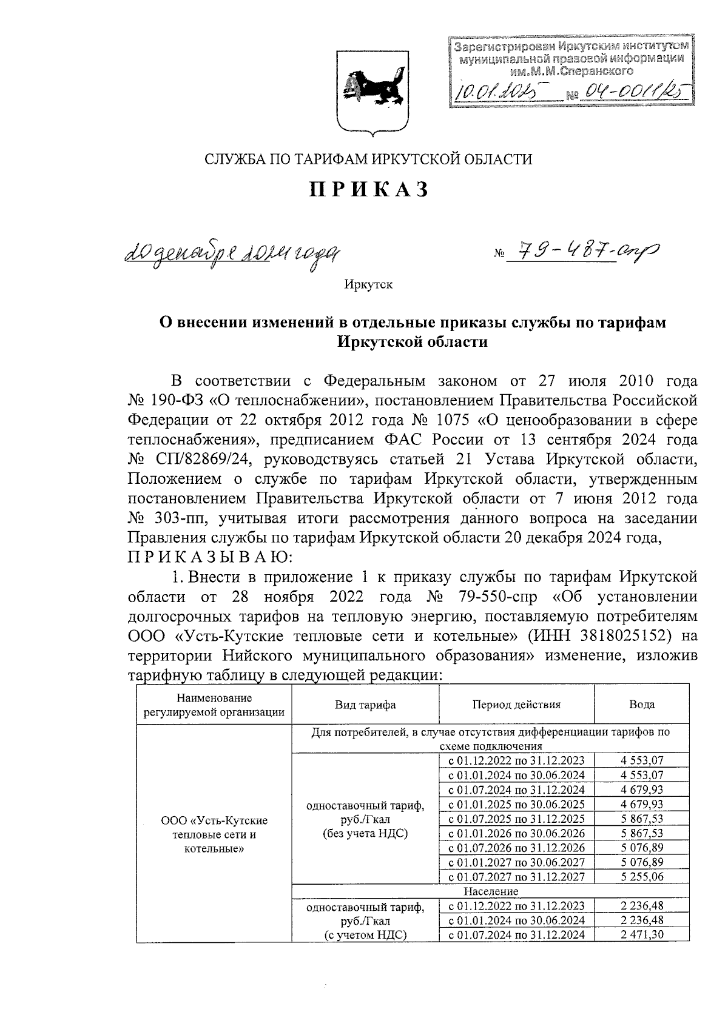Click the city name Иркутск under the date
[368, 284]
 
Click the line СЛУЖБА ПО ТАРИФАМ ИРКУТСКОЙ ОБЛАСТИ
[368, 159]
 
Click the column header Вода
[642, 704]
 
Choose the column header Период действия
[516, 704]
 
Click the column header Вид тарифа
[365, 704]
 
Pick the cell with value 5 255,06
[642, 876]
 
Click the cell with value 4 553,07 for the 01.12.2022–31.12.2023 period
[642, 760]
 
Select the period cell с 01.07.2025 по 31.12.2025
[516, 818]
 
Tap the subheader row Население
[491, 891]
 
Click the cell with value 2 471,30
[642, 934]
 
